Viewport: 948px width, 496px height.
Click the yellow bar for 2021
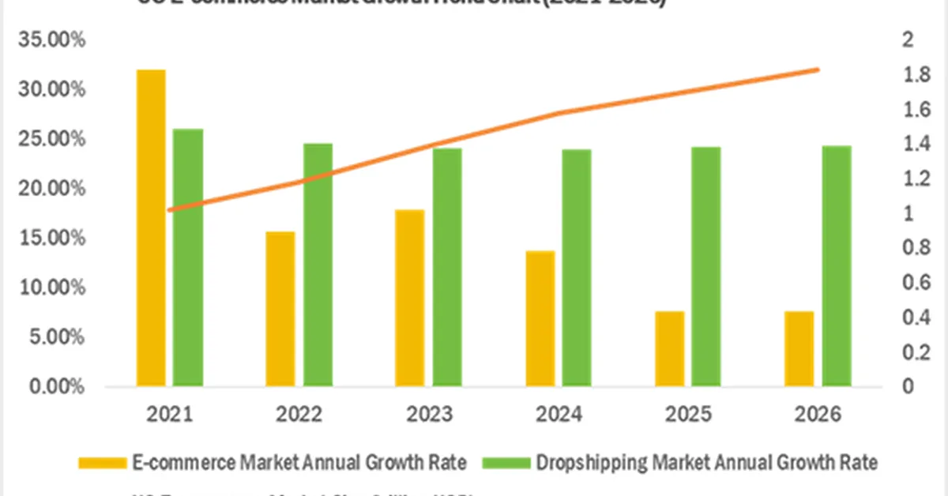151,228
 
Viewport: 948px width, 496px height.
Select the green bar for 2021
188,257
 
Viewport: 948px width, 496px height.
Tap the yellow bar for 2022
280,309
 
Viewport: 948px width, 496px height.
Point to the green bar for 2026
837,266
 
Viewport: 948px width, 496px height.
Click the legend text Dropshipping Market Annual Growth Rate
705,462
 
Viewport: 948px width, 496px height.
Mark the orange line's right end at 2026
818,70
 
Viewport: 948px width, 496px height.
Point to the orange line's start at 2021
170,210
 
